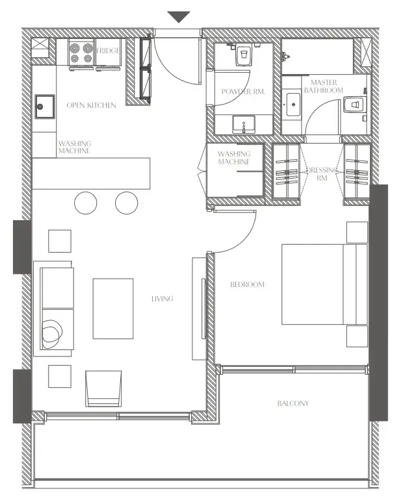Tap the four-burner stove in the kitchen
[81, 53]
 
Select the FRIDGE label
[108, 51]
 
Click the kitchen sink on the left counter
[44, 106]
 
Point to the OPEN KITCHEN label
[92, 105]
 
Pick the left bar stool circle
[86, 203]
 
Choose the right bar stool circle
[126, 203]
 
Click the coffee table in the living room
[113, 309]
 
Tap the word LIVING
[163, 299]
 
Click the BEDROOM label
[248, 284]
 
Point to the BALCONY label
[293, 403]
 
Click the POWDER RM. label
[239, 92]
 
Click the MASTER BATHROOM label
[326, 86]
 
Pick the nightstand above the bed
[357, 232]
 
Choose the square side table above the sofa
[60, 241]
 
